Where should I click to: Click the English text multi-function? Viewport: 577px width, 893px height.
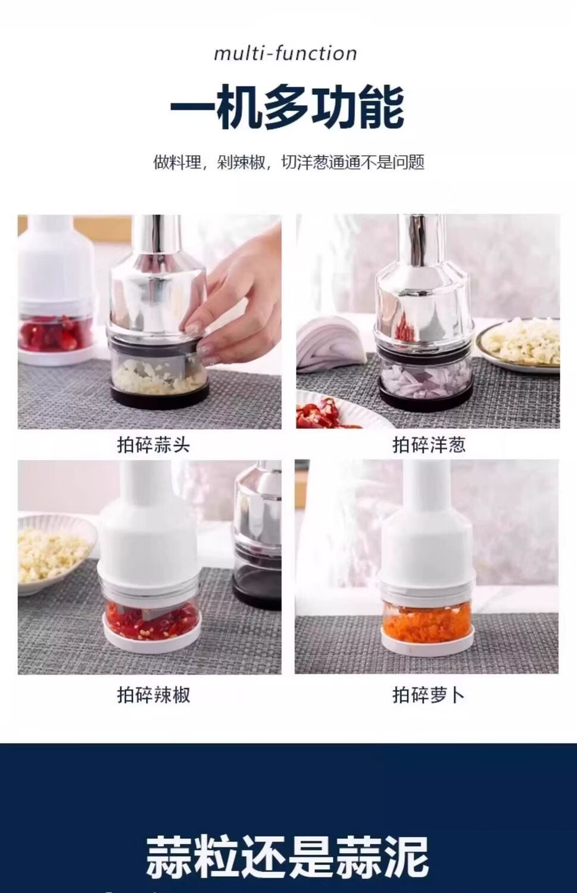pyautogui.click(x=285, y=54)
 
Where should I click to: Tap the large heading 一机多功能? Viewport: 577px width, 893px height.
pyautogui.click(x=287, y=107)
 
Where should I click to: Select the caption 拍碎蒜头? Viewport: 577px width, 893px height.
pyautogui.click(x=153, y=445)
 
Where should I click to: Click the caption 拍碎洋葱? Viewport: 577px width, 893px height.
pyautogui.click(x=429, y=445)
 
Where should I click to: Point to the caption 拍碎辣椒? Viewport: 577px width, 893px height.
pyautogui.click(x=153, y=695)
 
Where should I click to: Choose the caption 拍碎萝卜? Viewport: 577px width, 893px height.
pyautogui.click(x=429, y=695)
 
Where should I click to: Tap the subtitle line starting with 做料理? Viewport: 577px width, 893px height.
pyautogui.click(x=289, y=163)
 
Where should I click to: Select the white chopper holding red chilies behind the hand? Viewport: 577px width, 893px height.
pyautogui.click(x=57, y=291)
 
